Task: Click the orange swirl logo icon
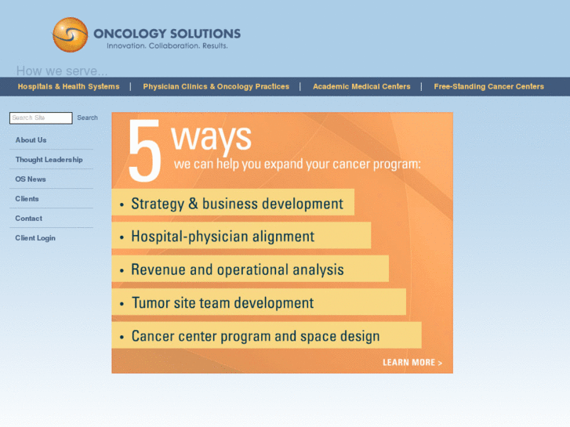tap(70, 35)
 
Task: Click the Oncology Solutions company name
tap(166, 34)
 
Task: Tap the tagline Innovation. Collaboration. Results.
tap(167, 46)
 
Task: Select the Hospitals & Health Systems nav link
tap(68, 87)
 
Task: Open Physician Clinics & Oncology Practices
tap(216, 87)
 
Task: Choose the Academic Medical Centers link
tap(361, 87)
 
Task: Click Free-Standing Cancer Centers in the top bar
tap(488, 87)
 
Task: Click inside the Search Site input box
tap(41, 118)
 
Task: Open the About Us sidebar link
tap(31, 140)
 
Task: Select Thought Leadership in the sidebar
tap(49, 160)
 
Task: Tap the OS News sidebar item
tap(31, 179)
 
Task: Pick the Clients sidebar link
tap(27, 199)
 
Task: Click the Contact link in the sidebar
tap(28, 219)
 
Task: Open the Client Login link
tap(35, 238)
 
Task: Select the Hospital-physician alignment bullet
tap(222, 237)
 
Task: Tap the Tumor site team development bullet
tap(222, 303)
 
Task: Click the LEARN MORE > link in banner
tap(412, 363)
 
